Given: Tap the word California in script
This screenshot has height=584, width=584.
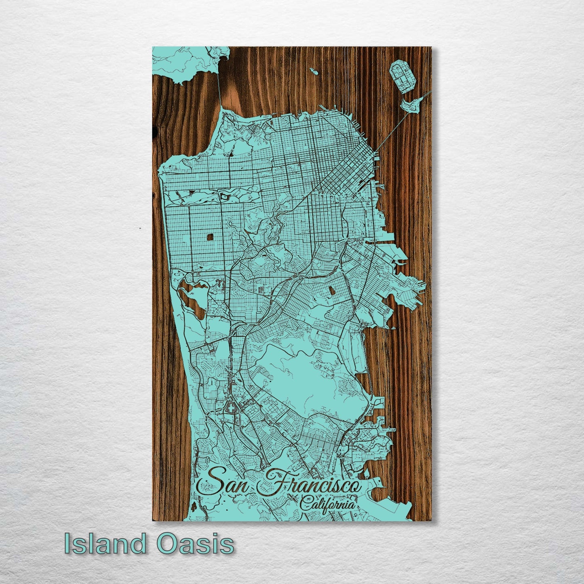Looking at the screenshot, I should [328, 504].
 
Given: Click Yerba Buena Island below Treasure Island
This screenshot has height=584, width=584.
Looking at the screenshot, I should [411, 106].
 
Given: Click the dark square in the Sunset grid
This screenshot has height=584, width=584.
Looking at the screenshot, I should [210, 237].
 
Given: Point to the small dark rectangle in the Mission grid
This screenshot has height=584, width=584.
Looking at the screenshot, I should [332, 290].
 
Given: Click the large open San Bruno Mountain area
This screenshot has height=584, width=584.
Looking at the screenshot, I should [307, 376].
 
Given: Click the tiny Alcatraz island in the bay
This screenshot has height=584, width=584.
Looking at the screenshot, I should [313, 71].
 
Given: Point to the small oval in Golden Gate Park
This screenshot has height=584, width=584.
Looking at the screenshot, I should [223, 196].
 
